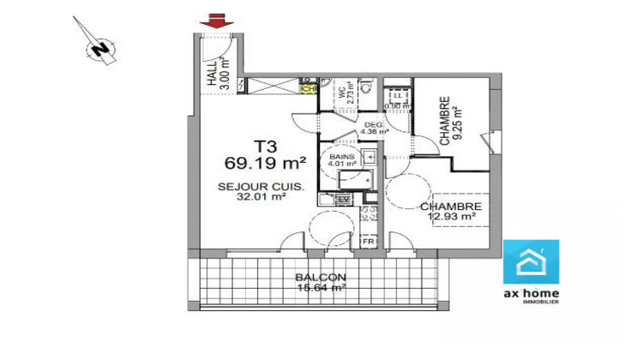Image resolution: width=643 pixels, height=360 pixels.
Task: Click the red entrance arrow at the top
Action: coord(213,21)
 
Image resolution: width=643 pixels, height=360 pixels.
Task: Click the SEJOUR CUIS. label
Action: coord(255,187)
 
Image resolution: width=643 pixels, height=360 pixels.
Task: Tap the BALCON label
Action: coord(321,278)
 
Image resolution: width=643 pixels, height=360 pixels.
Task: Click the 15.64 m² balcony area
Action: coord(321,288)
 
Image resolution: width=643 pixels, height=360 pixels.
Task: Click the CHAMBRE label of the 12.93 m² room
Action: coord(450,207)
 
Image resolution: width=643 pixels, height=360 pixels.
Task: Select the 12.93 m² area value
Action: coord(452,218)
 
